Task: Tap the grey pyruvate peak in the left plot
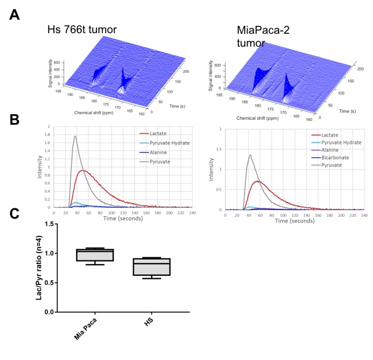tap(74, 137)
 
